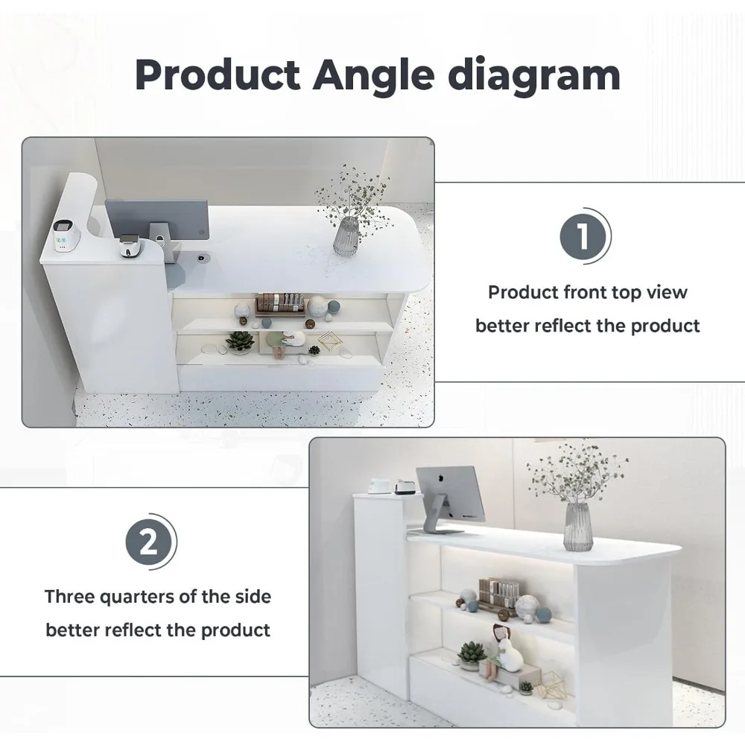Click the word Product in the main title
[x=218, y=75]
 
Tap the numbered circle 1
[x=583, y=236]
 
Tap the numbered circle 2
[x=148, y=542]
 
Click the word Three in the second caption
[x=69, y=597]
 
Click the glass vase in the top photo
[x=346, y=236]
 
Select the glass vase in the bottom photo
[x=578, y=527]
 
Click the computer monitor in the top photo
[x=157, y=218]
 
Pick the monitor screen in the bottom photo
[x=451, y=493]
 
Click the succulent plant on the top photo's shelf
[x=240, y=342]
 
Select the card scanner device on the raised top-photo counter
[x=62, y=235]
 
